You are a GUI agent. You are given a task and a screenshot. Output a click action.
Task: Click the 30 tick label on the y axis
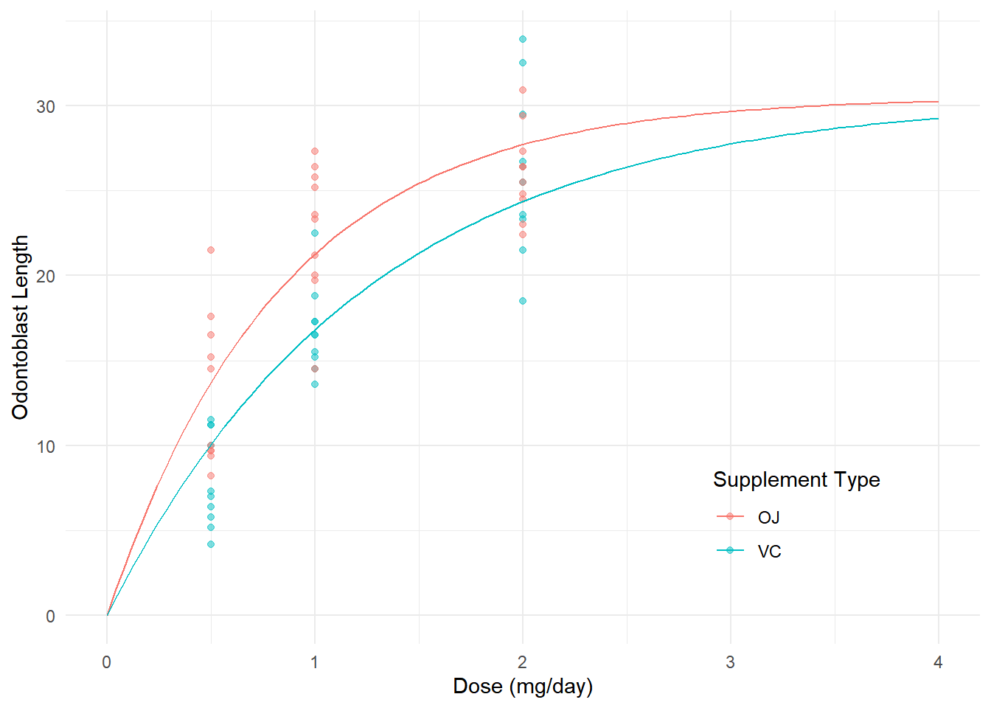pyautogui.click(x=46, y=106)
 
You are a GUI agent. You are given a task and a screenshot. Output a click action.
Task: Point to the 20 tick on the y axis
pyautogui.click(x=46, y=276)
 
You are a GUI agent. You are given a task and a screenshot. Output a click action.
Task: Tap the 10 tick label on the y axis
pyautogui.click(x=46, y=446)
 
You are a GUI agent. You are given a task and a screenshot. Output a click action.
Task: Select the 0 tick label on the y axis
pyautogui.click(x=50, y=617)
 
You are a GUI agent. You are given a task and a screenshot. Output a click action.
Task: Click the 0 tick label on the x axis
pyautogui.click(x=107, y=662)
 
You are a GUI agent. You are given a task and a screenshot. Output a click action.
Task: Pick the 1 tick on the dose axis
pyautogui.click(x=315, y=662)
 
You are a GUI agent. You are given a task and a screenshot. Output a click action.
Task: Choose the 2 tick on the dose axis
pyautogui.click(x=523, y=662)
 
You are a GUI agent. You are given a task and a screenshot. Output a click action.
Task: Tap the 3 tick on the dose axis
pyautogui.click(x=731, y=662)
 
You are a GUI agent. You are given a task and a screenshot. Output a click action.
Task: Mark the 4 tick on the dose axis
pyautogui.click(x=938, y=662)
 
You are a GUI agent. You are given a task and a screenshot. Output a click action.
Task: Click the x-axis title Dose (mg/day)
pyautogui.click(x=523, y=687)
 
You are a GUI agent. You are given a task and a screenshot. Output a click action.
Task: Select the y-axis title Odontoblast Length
pyautogui.click(x=21, y=327)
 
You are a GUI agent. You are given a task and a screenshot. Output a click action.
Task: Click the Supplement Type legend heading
pyautogui.click(x=796, y=480)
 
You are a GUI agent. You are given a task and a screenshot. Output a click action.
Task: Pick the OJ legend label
pyautogui.click(x=768, y=518)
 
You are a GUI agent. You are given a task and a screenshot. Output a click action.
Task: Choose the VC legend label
pyautogui.click(x=769, y=552)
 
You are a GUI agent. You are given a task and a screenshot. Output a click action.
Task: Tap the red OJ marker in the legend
pyautogui.click(x=730, y=516)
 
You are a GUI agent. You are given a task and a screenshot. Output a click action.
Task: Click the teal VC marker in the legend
pyautogui.click(x=730, y=550)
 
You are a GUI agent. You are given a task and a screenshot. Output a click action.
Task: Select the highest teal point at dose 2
pyautogui.click(x=523, y=39)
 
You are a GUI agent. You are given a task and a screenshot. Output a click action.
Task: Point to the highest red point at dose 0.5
pyautogui.click(x=211, y=250)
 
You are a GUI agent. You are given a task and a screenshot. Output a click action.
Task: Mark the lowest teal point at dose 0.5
pyautogui.click(x=211, y=544)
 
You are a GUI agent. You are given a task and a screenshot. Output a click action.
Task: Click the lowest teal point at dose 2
pyautogui.click(x=523, y=301)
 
